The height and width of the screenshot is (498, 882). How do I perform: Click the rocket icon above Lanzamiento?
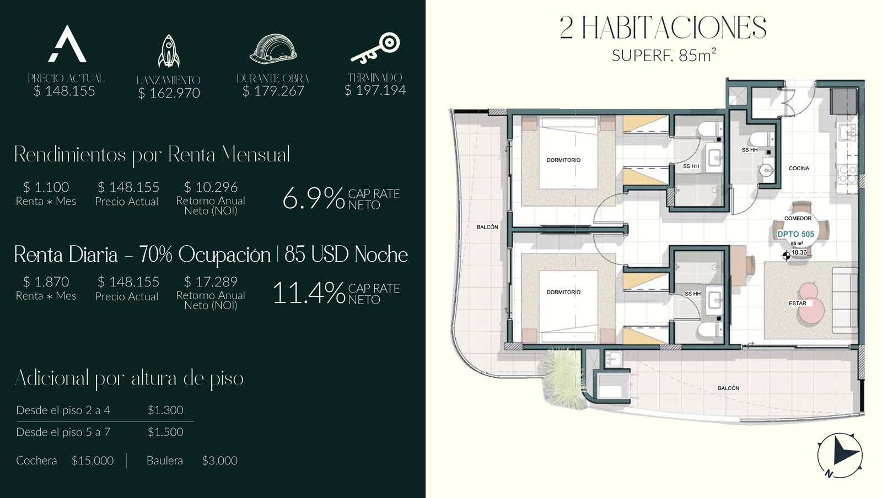pos(169,51)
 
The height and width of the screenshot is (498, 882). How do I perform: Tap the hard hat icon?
pos(273,49)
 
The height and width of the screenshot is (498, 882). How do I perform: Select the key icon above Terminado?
pos(375,48)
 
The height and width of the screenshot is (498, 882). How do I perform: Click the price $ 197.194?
pos(375,90)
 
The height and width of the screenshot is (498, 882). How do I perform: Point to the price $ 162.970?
pos(169,93)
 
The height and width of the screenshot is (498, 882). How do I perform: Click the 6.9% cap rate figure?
pos(314,198)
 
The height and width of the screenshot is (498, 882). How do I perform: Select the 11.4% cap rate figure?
pos(309,293)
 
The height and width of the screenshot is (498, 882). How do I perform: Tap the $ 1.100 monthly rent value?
pos(46,187)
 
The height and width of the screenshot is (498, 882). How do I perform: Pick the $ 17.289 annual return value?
pos(211,282)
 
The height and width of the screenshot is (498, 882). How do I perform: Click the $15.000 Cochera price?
pos(93,460)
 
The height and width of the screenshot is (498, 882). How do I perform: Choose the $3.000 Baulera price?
pos(220,460)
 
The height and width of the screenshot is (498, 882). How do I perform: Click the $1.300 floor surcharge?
pos(165,410)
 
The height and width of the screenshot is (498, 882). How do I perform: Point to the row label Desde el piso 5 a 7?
pos(63,432)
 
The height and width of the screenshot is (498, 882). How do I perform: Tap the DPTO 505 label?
pos(795,234)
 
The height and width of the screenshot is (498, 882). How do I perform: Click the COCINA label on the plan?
pos(799,169)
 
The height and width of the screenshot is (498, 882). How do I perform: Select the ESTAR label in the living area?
pos(797,304)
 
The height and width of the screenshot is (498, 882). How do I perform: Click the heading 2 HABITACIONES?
pos(663,28)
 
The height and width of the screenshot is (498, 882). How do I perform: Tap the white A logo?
pos(67,44)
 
